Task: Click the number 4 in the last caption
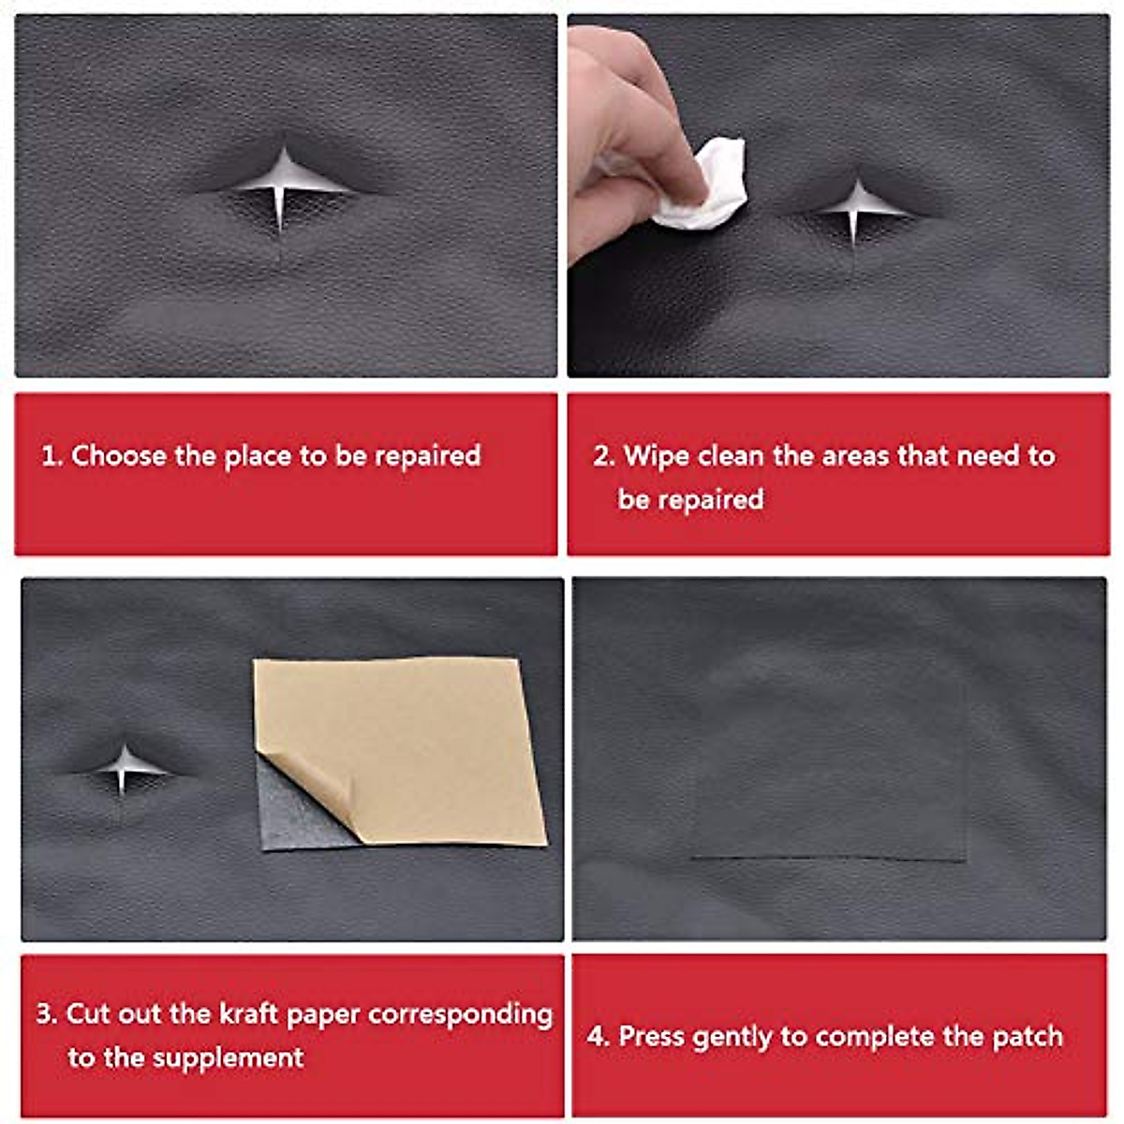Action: tap(597, 1037)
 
